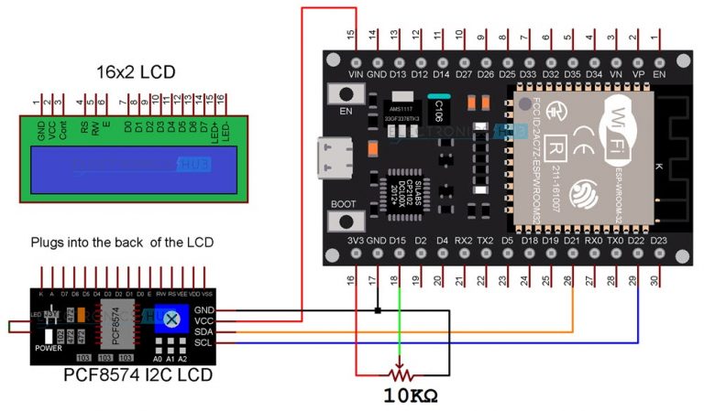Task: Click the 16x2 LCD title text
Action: click(136, 72)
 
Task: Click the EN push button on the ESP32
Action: click(346, 95)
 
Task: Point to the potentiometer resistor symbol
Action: click(399, 373)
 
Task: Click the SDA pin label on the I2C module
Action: click(203, 331)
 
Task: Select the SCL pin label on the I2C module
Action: click(203, 342)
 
